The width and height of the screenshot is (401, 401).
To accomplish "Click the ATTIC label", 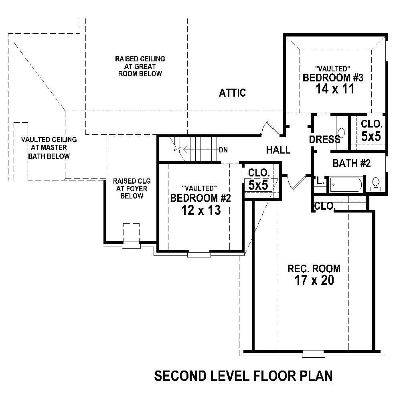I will coord(232,93).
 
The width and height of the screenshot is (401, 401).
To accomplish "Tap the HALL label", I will coord(278,150).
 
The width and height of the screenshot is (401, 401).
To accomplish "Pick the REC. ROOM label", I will coord(314,268).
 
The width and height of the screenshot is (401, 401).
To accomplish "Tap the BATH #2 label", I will coord(352,163).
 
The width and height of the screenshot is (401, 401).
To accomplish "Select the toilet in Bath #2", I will coord(376,184).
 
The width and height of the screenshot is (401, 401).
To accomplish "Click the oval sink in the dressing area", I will coord(342,133).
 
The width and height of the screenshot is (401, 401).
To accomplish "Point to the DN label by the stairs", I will coord(223,150).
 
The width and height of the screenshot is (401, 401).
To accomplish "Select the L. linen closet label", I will coord(320,181).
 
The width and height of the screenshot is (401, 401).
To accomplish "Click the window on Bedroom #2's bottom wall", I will coord(199,253).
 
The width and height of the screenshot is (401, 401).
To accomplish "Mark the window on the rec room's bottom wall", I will coord(313,354).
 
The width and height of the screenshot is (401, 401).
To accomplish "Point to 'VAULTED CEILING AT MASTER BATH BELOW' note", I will coord(49,148).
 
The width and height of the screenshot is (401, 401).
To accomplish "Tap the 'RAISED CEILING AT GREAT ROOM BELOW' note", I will coord(140,66).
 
